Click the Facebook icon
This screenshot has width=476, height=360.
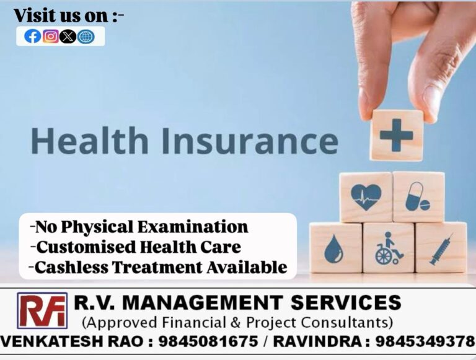(x=32, y=37)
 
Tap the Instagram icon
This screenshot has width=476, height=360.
(x=51, y=37)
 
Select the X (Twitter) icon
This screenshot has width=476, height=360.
(x=68, y=37)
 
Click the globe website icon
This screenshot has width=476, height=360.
(x=86, y=37)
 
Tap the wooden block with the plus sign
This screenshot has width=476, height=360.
(x=397, y=136)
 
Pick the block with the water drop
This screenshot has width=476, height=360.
(x=335, y=248)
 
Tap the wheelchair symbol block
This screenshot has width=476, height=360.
(x=388, y=248)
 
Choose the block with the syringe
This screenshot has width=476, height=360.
(x=441, y=248)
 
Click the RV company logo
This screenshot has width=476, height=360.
(x=42, y=310)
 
